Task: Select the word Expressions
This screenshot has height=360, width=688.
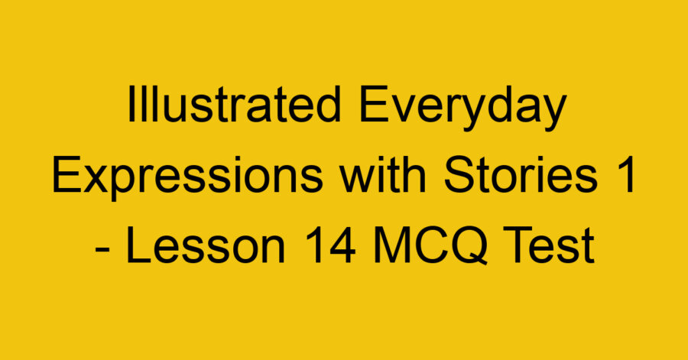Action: (180, 179)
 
